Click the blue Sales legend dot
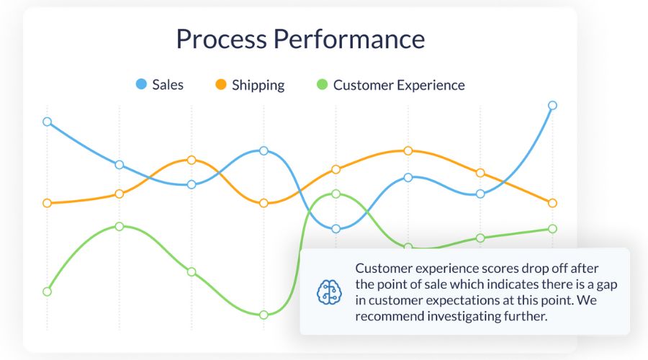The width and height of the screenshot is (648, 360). pyautogui.click(x=141, y=85)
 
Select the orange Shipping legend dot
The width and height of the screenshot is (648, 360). pyautogui.click(x=221, y=85)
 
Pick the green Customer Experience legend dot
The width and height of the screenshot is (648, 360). pyautogui.click(x=322, y=85)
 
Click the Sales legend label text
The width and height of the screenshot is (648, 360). pyautogui.click(x=168, y=85)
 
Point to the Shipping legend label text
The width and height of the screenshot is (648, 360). pyautogui.click(x=258, y=85)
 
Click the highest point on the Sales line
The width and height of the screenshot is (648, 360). pyautogui.click(x=552, y=105)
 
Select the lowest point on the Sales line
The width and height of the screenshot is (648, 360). pyautogui.click(x=336, y=229)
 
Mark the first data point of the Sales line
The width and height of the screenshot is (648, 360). pyautogui.click(x=48, y=122)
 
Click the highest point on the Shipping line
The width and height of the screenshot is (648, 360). pyautogui.click(x=408, y=150)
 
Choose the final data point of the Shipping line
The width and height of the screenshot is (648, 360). pyautogui.click(x=552, y=203)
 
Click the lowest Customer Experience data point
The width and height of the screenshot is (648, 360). pyautogui.click(x=264, y=315)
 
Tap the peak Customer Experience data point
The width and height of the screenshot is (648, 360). pyautogui.click(x=336, y=194)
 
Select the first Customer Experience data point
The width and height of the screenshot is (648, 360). pyautogui.click(x=48, y=292)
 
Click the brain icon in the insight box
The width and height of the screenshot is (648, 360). pyautogui.click(x=328, y=292)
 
